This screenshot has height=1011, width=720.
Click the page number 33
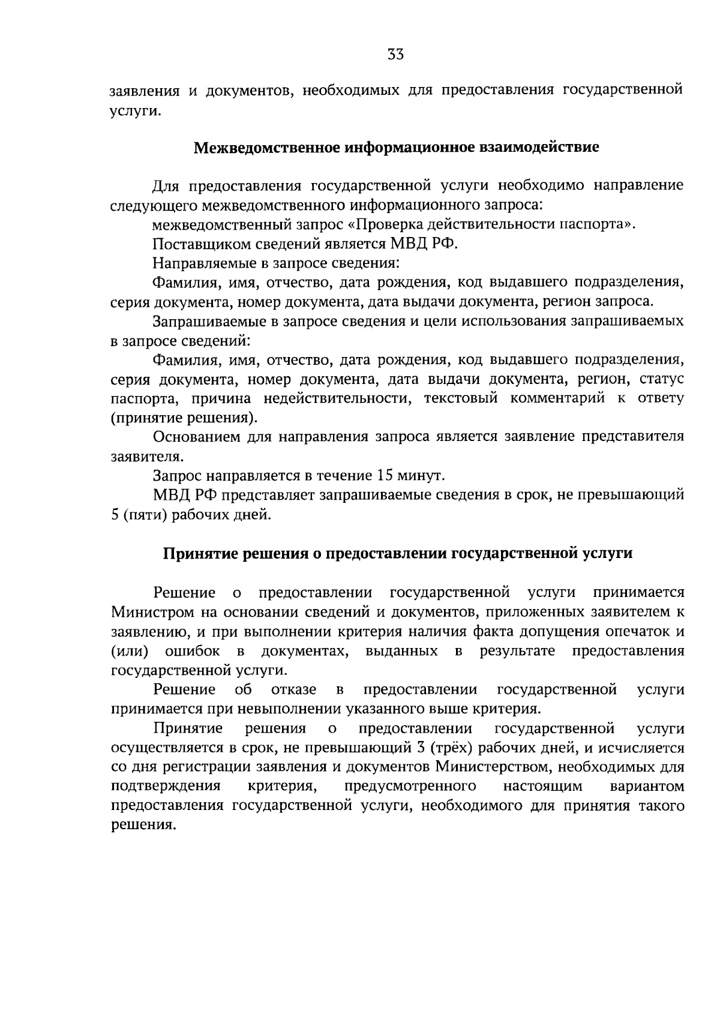[395, 55]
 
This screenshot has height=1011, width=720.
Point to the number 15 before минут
[383, 476]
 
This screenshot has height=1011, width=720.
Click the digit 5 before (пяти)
[115, 515]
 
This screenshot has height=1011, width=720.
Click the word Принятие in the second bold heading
[201, 553]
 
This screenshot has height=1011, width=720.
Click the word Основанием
[197, 437]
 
